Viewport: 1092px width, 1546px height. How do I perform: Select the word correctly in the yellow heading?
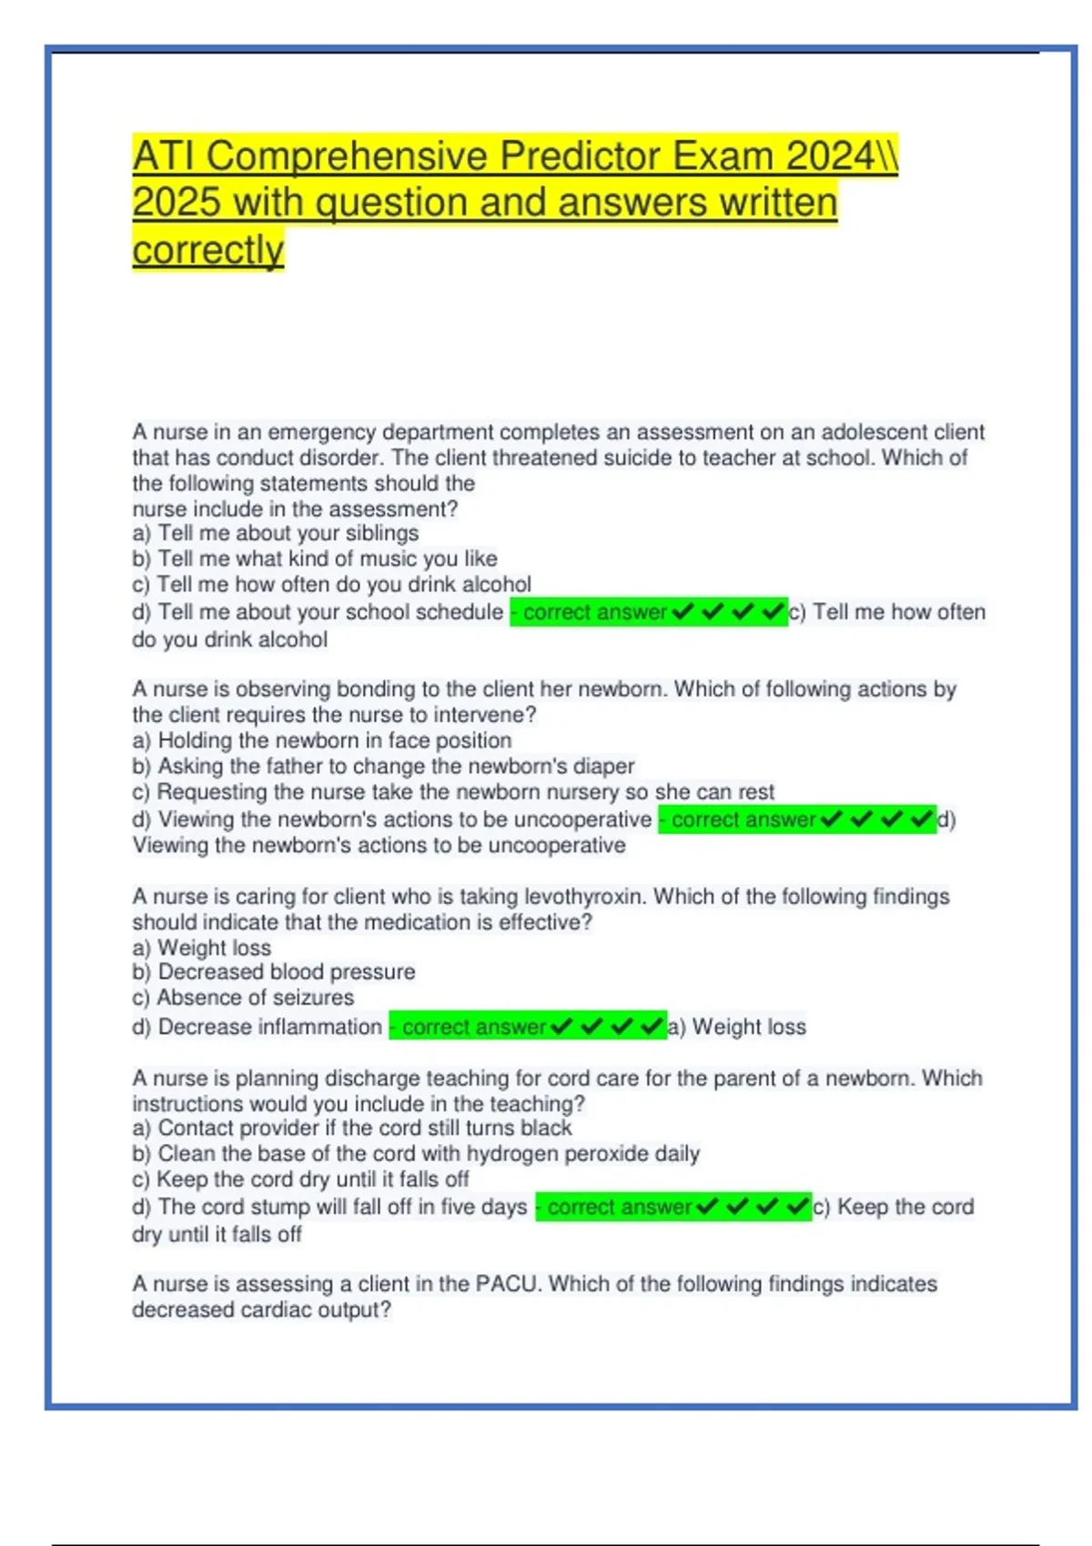[207, 250]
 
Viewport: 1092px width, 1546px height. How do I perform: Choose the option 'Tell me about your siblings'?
[288, 533]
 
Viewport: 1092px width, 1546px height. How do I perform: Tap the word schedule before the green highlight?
[459, 612]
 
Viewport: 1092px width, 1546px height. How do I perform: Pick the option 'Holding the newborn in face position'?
[334, 740]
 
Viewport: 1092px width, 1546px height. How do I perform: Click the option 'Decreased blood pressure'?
[287, 972]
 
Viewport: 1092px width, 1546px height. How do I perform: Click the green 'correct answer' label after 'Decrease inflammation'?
[473, 1027]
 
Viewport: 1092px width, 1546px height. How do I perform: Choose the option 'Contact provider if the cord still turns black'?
[364, 1129]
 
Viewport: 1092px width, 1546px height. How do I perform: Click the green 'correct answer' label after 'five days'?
[619, 1207]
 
